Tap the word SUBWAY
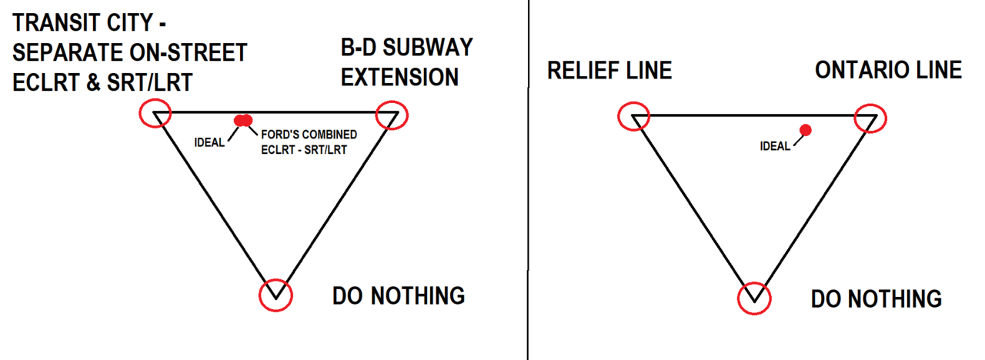426,48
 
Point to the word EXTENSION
400,77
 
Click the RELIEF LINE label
609,71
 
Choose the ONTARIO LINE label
888,70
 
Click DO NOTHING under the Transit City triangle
399,295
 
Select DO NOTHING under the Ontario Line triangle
876,298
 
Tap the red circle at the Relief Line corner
634,117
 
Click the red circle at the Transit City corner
155,114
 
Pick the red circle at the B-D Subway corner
391,115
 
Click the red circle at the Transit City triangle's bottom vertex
276,295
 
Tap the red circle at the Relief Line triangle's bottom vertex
753,298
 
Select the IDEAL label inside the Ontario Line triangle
774,146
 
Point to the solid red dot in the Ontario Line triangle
805,129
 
